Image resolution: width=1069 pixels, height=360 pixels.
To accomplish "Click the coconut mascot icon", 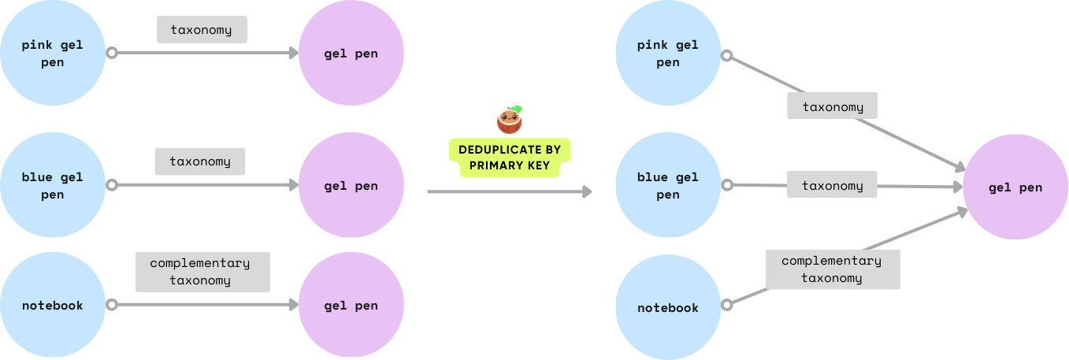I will (510, 121).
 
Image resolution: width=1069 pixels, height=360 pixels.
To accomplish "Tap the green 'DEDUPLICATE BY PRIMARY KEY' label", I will (510, 158).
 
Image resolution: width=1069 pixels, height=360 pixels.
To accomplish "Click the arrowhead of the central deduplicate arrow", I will (587, 191).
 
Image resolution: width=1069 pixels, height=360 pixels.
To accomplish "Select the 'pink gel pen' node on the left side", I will (53, 54).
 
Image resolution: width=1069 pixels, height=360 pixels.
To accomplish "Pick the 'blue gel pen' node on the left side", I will (53, 186).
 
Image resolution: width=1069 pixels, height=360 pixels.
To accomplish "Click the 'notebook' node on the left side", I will (53, 306).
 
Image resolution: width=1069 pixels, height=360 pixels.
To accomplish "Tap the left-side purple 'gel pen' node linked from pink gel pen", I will (351, 54).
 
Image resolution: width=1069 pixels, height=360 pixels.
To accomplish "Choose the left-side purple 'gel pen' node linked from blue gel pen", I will (351, 186).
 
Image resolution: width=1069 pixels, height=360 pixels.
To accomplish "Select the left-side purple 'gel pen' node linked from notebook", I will (351, 306).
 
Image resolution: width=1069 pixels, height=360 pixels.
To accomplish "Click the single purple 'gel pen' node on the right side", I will (1015, 187).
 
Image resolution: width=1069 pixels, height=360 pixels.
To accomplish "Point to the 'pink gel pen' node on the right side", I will (667, 54).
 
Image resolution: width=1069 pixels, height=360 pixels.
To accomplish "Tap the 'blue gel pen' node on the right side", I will (667, 186).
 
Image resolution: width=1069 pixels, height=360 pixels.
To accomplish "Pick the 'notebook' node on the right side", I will (667, 307).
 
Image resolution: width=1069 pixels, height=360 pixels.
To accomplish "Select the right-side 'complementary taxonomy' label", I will (832, 269).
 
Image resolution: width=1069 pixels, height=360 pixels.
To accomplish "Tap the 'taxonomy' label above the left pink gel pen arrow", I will (202, 30).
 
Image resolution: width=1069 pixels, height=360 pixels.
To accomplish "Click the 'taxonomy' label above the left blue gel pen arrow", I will (200, 161).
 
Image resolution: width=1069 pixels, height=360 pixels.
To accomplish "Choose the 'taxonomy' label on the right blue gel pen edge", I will (832, 186).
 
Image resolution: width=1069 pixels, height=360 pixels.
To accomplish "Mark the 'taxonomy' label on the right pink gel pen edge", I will (833, 106).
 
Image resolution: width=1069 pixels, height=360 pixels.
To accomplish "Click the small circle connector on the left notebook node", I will (112, 306).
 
